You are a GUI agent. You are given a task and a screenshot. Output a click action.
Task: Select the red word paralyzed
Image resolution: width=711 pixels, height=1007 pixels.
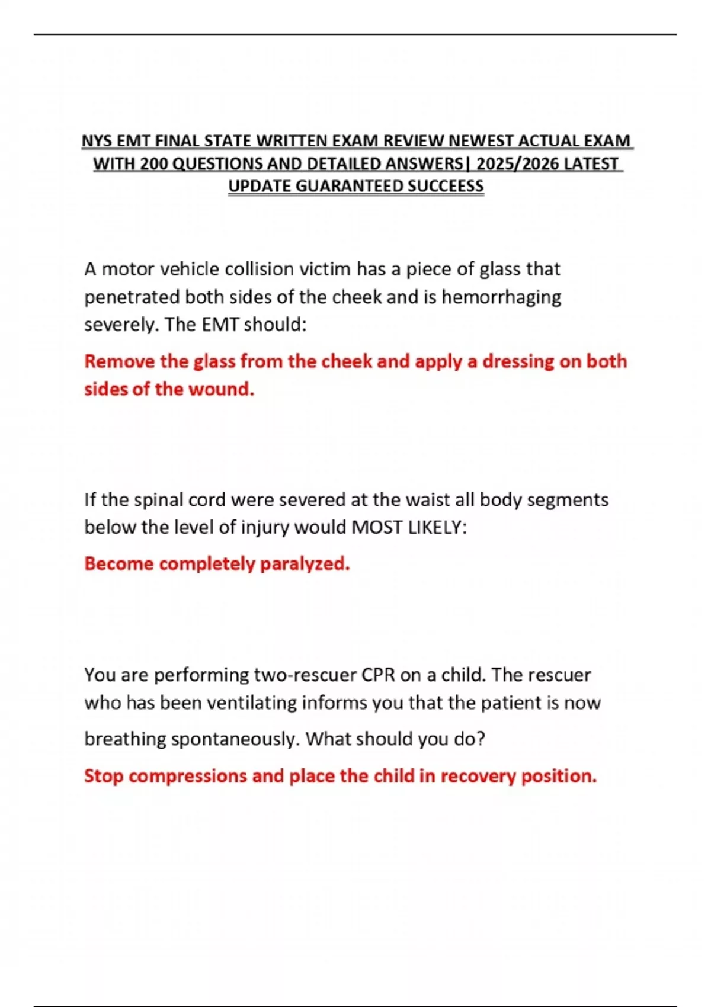tap(305, 564)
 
